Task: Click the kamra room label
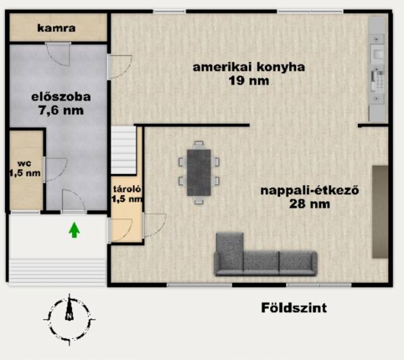pyautogui.click(x=56, y=28)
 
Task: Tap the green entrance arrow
pyautogui.click(x=74, y=229)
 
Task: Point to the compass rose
pyautogui.click(x=69, y=320)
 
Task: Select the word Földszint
pyautogui.click(x=294, y=308)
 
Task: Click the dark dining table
pyautogui.click(x=199, y=172)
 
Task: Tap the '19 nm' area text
pyautogui.click(x=249, y=81)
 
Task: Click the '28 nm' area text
pyautogui.click(x=309, y=204)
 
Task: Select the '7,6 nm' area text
pyautogui.click(x=61, y=110)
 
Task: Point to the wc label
pyautogui.click(x=25, y=163)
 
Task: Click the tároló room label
pyautogui.click(x=127, y=189)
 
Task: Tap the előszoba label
pyautogui.click(x=61, y=97)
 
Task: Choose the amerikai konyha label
pyautogui.click(x=249, y=67)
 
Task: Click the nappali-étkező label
pyautogui.click(x=310, y=190)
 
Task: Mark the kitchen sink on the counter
pyautogui.click(x=377, y=54)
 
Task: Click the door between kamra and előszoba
pyautogui.click(x=58, y=54)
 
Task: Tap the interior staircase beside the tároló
pyautogui.click(x=124, y=150)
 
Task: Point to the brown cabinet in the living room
pyautogui.click(x=380, y=212)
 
